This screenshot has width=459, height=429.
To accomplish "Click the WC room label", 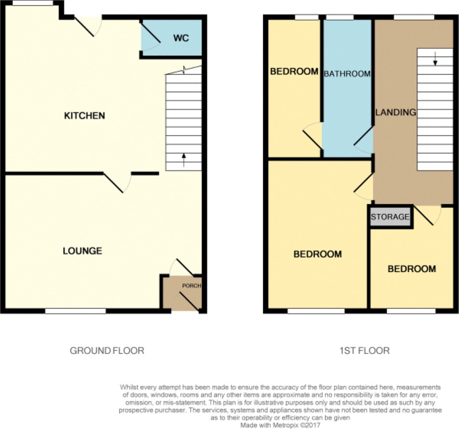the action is [x=181, y=38].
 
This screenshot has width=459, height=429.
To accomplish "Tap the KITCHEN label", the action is [x=84, y=116].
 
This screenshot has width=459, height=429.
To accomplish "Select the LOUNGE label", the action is [x=82, y=251].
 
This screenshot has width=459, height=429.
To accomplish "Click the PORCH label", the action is [x=192, y=285].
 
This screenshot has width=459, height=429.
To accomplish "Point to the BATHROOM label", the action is [x=347, y=74].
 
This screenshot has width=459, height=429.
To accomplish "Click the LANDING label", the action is [x=395, y=112].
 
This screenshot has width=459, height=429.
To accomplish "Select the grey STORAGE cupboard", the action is [x=391, y=217].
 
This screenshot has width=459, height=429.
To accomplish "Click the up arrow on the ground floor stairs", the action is [x=184, y=160].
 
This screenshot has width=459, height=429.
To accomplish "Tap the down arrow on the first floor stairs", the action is [x=435, y=58].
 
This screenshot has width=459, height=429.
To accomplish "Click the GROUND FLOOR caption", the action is [x=107, y=351].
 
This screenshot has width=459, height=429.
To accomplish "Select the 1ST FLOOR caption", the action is [x=364, y=351].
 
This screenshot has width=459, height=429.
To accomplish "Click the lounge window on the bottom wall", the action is [x=75, y=311].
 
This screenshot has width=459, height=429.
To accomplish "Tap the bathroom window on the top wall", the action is [x=339, y=17].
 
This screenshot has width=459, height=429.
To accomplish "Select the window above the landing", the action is [x=413, y=17].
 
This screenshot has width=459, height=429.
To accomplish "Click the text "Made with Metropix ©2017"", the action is [x=280, y=425].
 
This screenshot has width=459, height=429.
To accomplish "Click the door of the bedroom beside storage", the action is [x=428, y=215].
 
